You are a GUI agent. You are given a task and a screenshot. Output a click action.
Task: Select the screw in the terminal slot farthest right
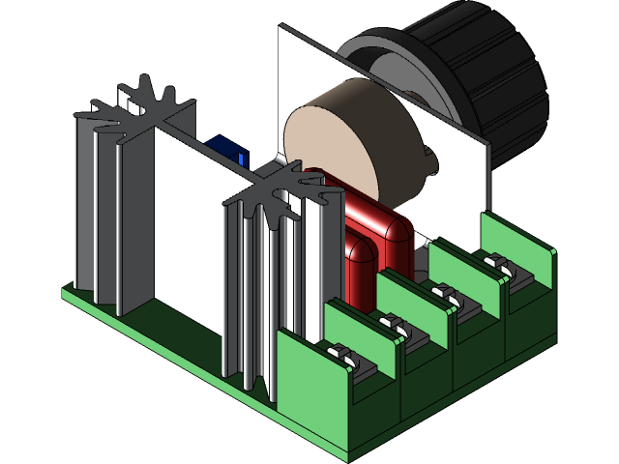pos(502,264)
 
